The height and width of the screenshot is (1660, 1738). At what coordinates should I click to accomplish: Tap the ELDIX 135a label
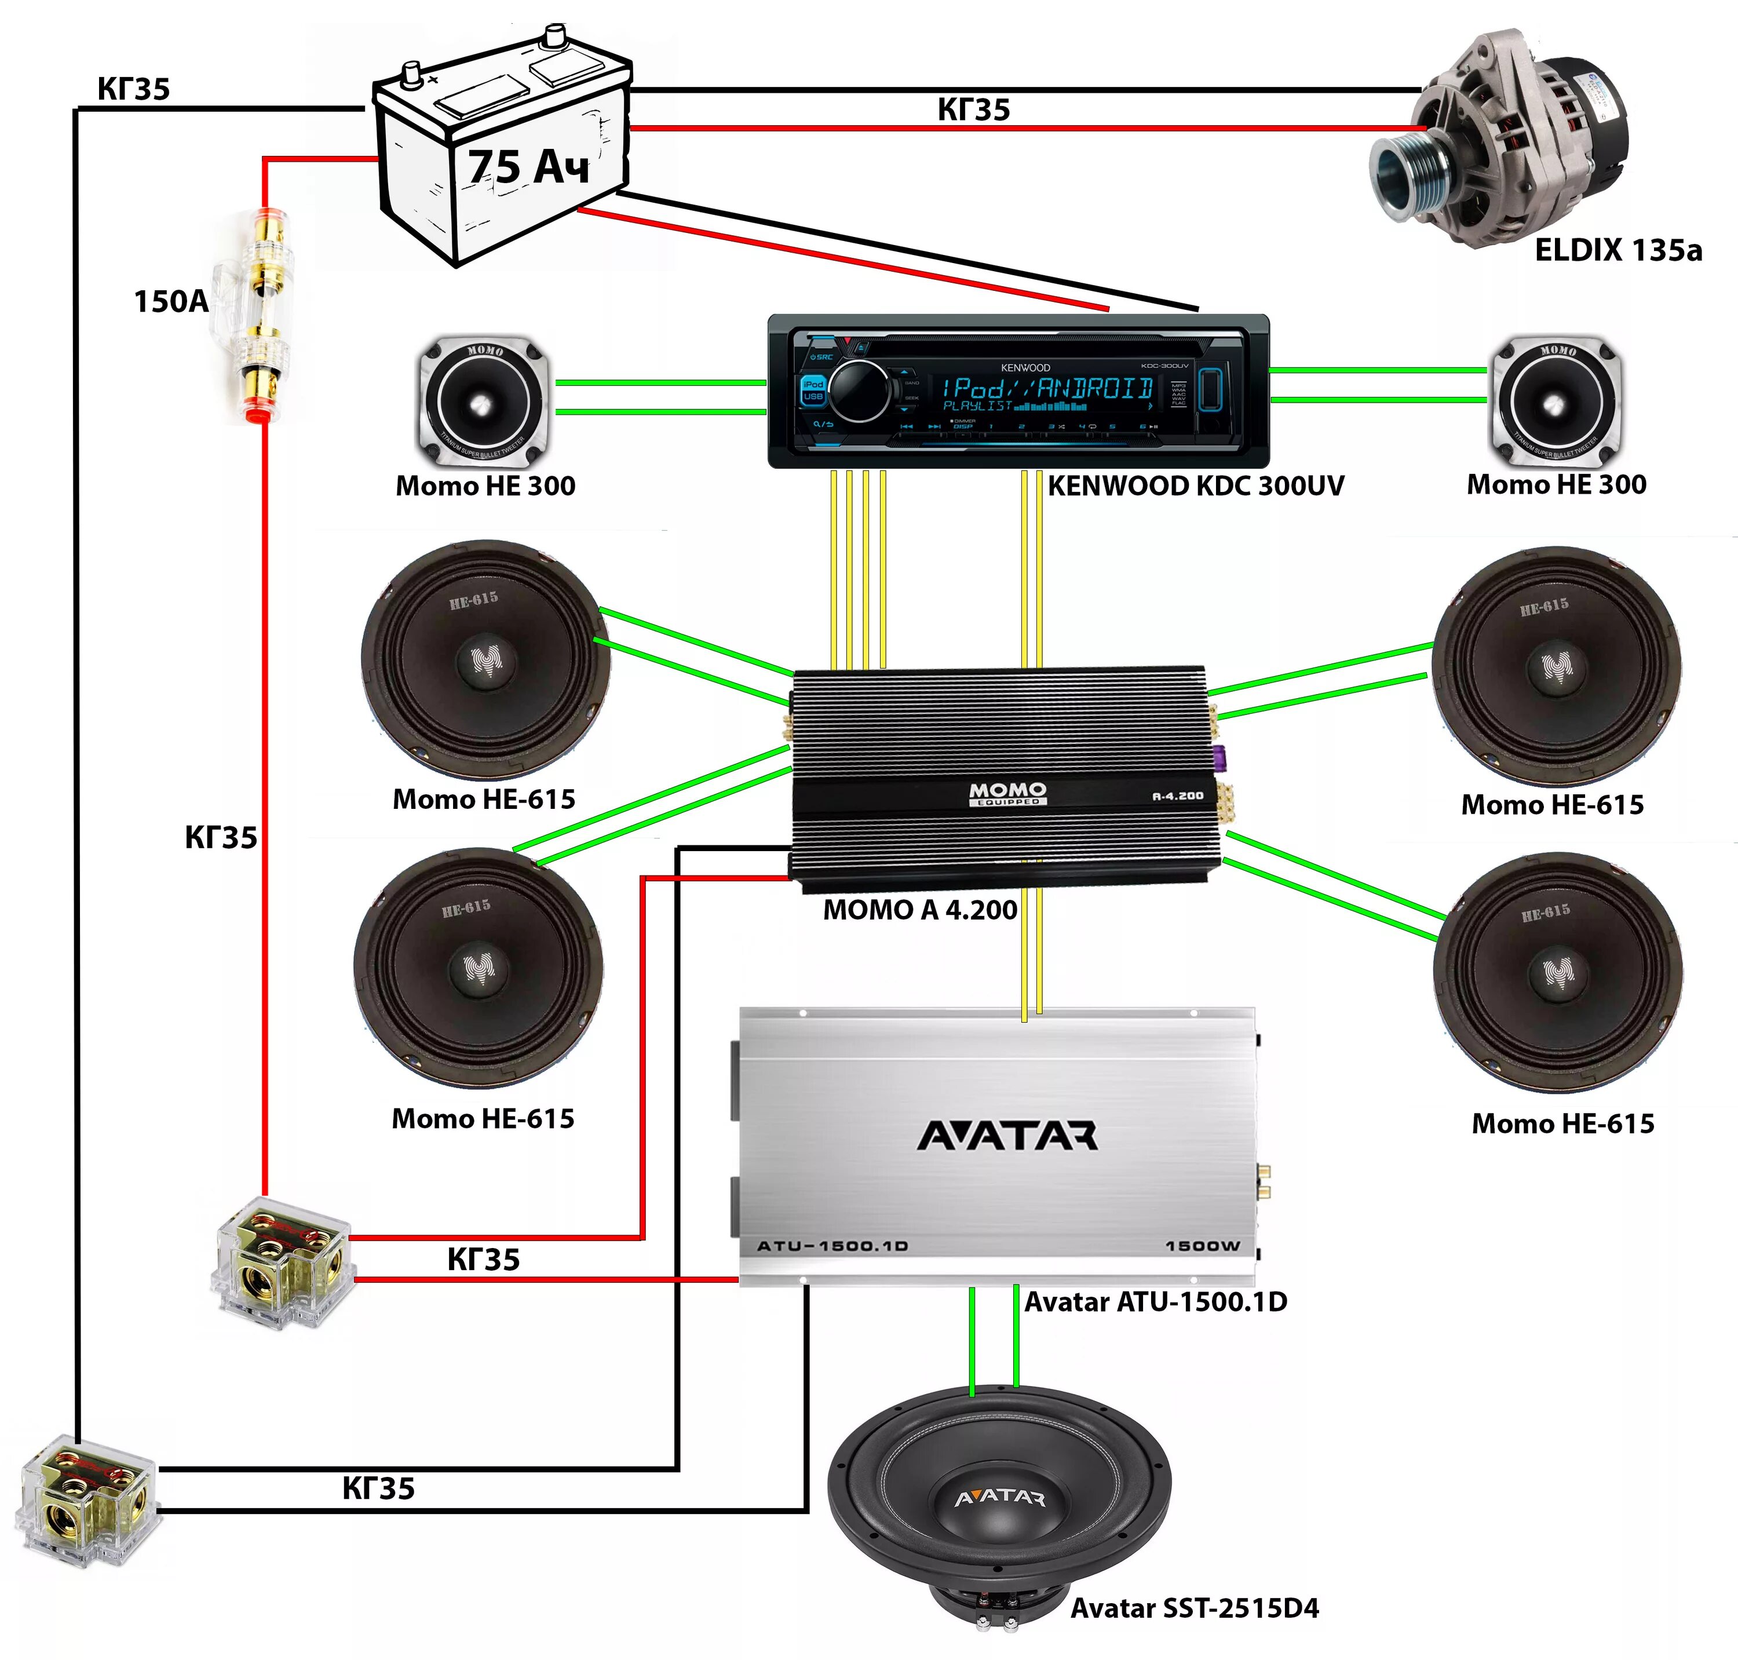(x=1617, y=250)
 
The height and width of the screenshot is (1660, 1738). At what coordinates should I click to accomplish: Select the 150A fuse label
(x=171, y=302)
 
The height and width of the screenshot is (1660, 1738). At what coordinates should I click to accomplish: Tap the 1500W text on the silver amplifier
(x=1202, y=1246)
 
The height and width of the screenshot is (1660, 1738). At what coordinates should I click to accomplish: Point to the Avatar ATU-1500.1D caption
(x=1155, y=1301)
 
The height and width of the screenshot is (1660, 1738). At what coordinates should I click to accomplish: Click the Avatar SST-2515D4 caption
(x=1194, y=1608)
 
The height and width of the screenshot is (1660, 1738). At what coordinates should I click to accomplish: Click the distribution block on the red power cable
(x=282, y=1260)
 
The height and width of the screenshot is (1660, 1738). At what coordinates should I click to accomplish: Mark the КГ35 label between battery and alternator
(x=973, y=110)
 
